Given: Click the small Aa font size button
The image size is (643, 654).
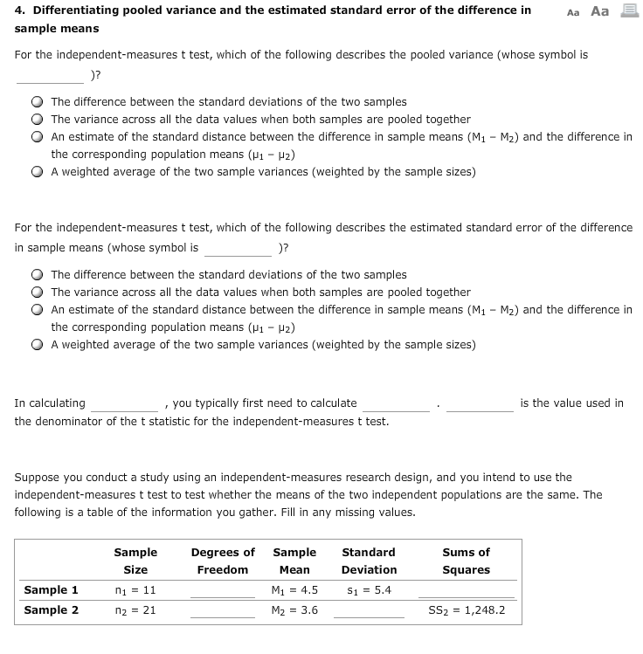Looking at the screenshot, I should [573, 12].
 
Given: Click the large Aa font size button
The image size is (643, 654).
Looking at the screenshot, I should [599, 11].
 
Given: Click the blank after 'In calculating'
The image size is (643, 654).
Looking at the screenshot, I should [123, 404].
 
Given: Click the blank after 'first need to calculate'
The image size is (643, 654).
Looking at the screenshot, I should [396, 404].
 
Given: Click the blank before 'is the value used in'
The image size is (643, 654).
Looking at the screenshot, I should [480, 404].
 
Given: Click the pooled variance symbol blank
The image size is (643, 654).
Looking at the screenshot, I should [50, 73].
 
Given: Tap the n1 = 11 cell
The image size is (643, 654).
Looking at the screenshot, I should [135, 590].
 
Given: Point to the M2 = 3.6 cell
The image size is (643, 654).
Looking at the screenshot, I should [295, 610].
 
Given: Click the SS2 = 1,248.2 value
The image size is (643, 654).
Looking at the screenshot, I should [467, 610].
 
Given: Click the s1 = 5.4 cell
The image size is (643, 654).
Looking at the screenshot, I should [369, 590].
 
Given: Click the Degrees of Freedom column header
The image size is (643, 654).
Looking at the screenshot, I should [223, 561].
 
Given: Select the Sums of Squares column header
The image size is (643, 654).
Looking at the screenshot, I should [467, 561].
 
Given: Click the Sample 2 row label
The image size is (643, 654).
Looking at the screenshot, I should [52, 610].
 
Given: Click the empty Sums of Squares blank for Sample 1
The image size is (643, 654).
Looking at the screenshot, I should [467, 591].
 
